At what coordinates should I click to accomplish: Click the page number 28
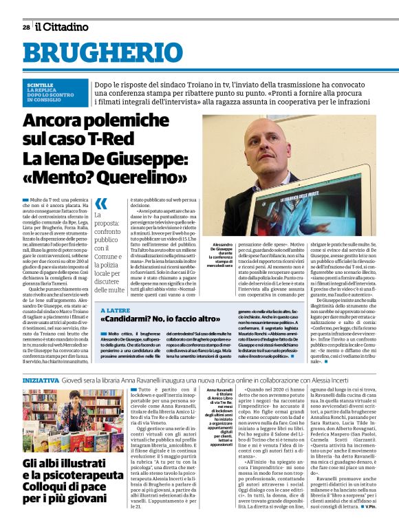pyautogui.click(x=25, y=28)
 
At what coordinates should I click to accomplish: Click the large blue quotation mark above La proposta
pyautogui.click(x=101, y=204)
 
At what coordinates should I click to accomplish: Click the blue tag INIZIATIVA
pyautogui.click(x=41, y=379)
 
